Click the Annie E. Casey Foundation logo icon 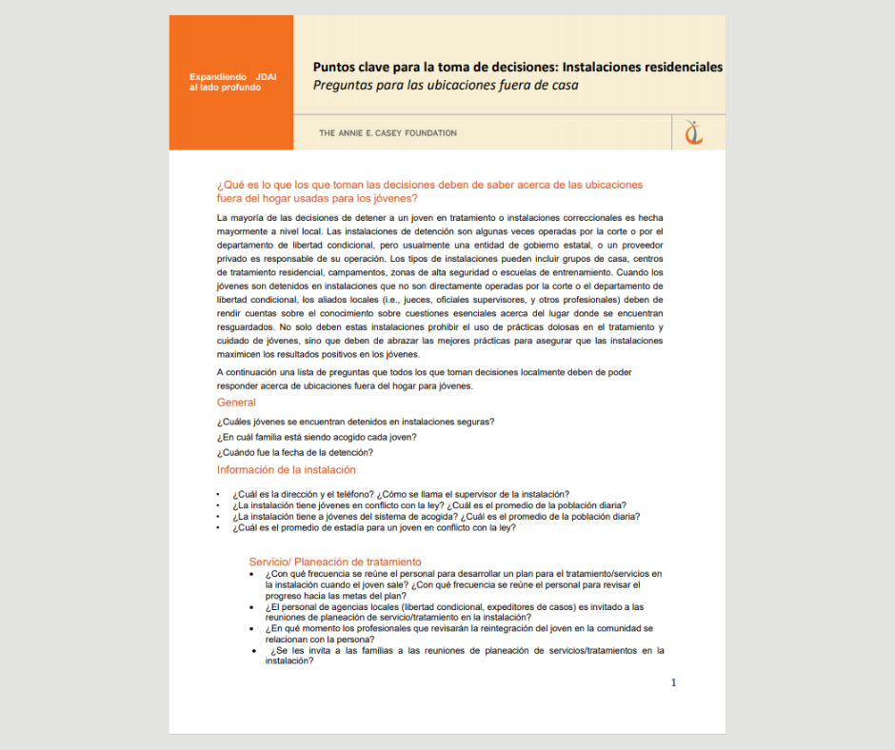click(x=694, y=133)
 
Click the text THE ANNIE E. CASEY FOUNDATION click(x=388, y=133)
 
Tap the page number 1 click(x=674, y=682)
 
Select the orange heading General click(x=236, y=403)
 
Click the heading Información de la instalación click(x=286, y=469)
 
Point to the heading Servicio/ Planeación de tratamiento click(x=335, y=562)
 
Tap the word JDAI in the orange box click(x=266, y=76)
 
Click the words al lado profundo click(x=225, y=88)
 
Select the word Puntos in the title click(x=335, y=67)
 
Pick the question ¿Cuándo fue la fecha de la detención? click(x=294, y=452)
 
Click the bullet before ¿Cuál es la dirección click(x=219, y=495)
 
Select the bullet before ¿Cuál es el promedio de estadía click(x=219, y=528)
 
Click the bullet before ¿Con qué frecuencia click(x=251, y=575)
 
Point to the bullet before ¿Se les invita click(x=255, y=651)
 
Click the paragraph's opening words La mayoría click(x=238, y=218)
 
